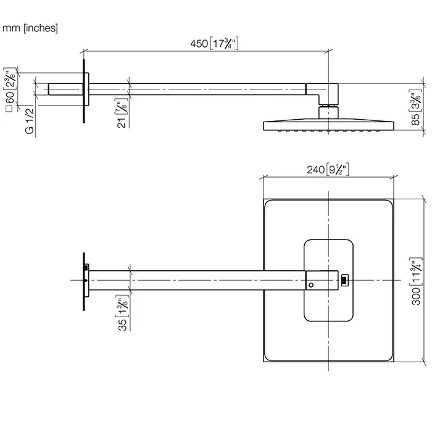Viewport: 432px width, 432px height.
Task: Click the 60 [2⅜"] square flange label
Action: click(9, 89)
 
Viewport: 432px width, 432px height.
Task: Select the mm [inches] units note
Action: click(30, 28)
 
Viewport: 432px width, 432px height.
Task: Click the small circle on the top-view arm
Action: click(311, 285)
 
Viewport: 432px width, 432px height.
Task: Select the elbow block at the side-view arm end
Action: click(329, 93)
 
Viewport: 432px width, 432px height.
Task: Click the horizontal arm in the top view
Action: click(197, 280)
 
